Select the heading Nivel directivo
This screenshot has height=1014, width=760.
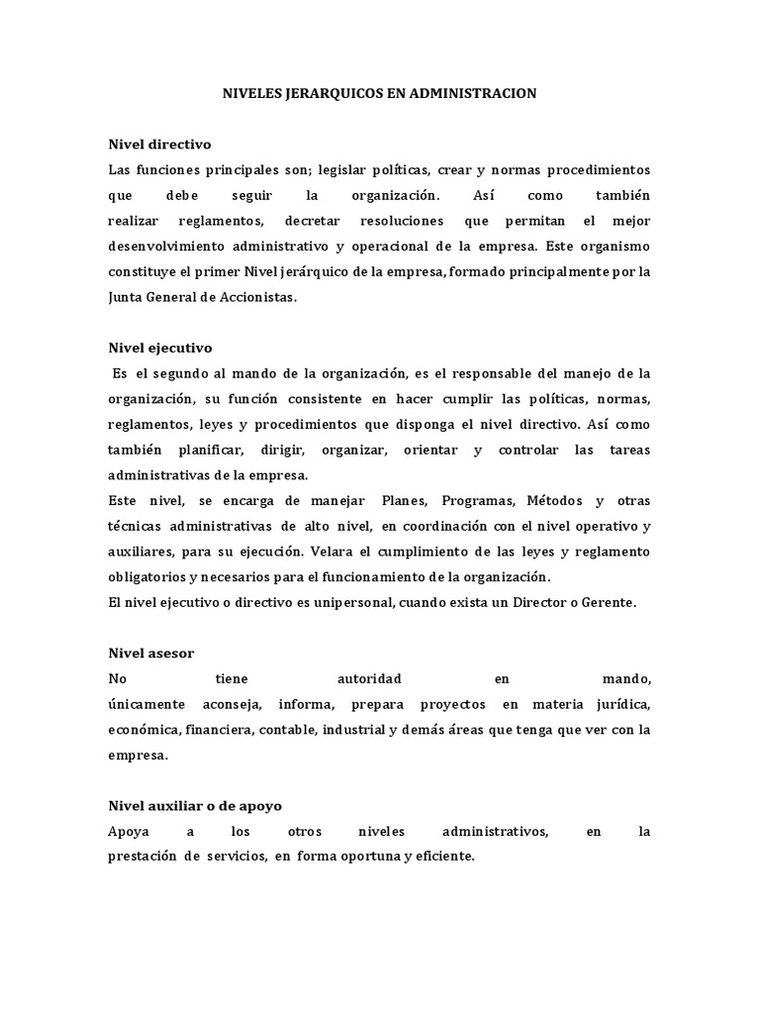point(158,144)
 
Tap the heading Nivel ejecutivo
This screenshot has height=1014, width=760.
point(159,348)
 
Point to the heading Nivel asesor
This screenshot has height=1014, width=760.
point(150,653)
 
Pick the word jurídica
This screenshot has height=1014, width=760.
point(620,704)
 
